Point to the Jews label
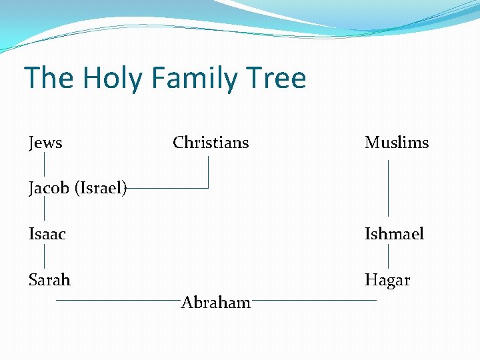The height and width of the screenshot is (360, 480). (45, 143)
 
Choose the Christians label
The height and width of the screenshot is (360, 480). (211, 143)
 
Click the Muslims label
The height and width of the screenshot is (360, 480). (397, 143)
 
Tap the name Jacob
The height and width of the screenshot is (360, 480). (50, 189)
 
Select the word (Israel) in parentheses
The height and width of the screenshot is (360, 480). (101, 189)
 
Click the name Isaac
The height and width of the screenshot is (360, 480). (47, 234)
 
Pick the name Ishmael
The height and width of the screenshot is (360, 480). (394, 234)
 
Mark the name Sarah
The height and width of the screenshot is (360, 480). (49, 280)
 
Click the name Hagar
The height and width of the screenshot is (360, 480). (387, 280)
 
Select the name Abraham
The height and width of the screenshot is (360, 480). (216, 303)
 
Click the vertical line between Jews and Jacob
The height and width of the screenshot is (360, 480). (45, 165)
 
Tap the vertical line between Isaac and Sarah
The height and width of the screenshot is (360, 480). (45, 257)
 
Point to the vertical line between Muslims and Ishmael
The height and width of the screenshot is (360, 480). (389, 188)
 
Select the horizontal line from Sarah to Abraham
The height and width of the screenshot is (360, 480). (117, 301)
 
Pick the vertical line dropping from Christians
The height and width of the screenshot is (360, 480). (209, 171)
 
